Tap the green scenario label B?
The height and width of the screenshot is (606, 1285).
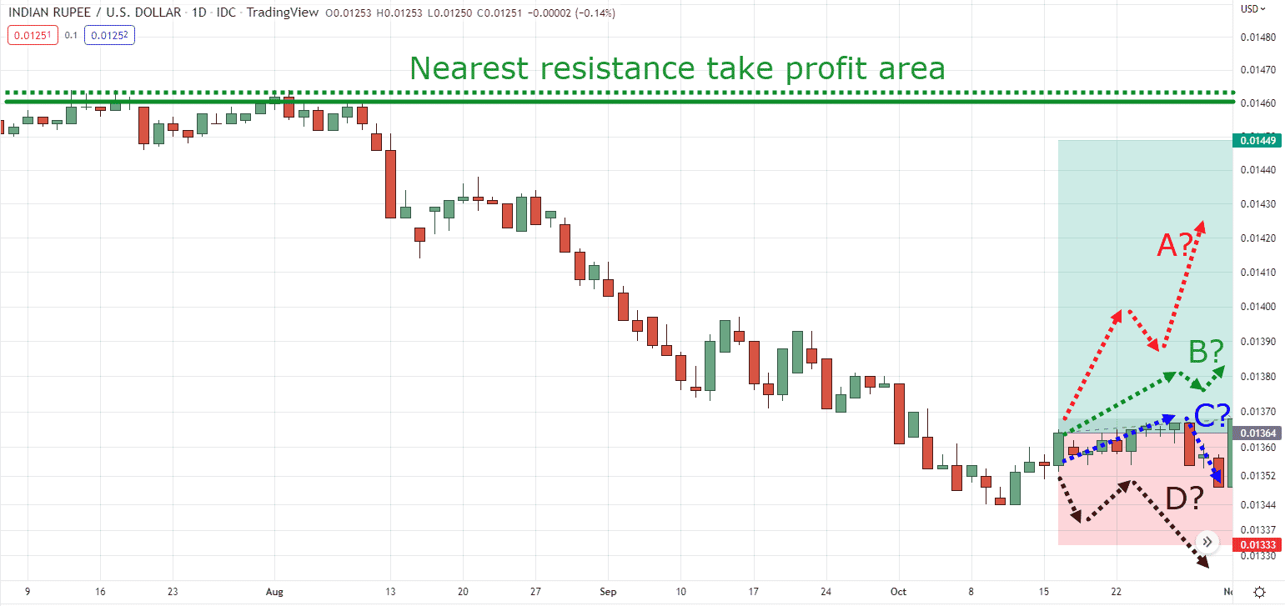pyautogui.click(x=1205, y=353)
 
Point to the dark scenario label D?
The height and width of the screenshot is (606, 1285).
pyautogui.click(x=1184, y=499)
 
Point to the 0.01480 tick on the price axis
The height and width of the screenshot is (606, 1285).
pyautogui.click(x=1257, y=38)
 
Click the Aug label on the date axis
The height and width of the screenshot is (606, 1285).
pyautogui.click(x=274, y=591)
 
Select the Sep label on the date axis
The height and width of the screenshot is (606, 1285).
pyautogui.click(x=608, y=591)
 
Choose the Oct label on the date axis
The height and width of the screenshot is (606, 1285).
pyautogui.click(x=898, y=591)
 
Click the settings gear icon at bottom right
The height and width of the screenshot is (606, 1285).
pyautogui.click(x=1260, y=591)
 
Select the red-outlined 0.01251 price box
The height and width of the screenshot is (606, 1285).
pyautogui.click(x=33, y=35)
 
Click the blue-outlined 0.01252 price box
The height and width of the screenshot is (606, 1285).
pyautogui.click(x=109, y=35)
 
